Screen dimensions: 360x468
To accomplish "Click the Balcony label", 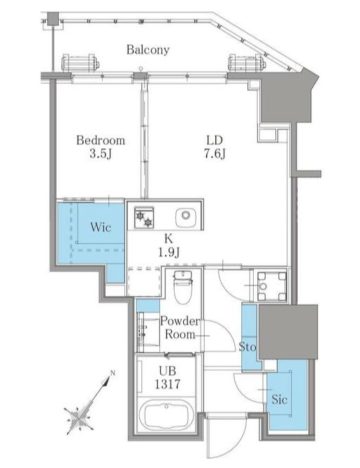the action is tap(148, 50).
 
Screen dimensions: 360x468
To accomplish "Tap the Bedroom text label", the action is tap(101, 140).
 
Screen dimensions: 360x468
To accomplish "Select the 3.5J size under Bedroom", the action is tap(101, 155).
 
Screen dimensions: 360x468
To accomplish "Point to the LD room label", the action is tap(214, 140).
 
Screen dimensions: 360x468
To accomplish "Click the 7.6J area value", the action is tap(215, 155).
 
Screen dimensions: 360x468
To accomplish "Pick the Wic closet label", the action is tap(101, 227).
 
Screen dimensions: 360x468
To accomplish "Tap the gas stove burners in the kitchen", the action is tap(144, 218).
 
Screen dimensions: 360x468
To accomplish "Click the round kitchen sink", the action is tap(185, 215).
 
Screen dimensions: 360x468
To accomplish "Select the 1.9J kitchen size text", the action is tap(168, 253).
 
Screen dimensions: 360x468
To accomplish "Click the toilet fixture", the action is tap(182, 287).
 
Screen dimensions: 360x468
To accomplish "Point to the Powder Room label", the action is tap(180, 327).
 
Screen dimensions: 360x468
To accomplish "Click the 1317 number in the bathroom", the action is tap(167, 384).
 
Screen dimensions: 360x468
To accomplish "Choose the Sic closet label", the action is tap(280, 399).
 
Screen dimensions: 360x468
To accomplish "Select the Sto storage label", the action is tap(247, 347).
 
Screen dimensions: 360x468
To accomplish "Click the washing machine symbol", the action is tap(271, 286).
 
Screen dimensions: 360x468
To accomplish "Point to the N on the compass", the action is tap(113, 372).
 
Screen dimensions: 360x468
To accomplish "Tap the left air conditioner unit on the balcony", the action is tap(80, 63).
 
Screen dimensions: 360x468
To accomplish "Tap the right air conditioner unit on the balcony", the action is tap(247, 63).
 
